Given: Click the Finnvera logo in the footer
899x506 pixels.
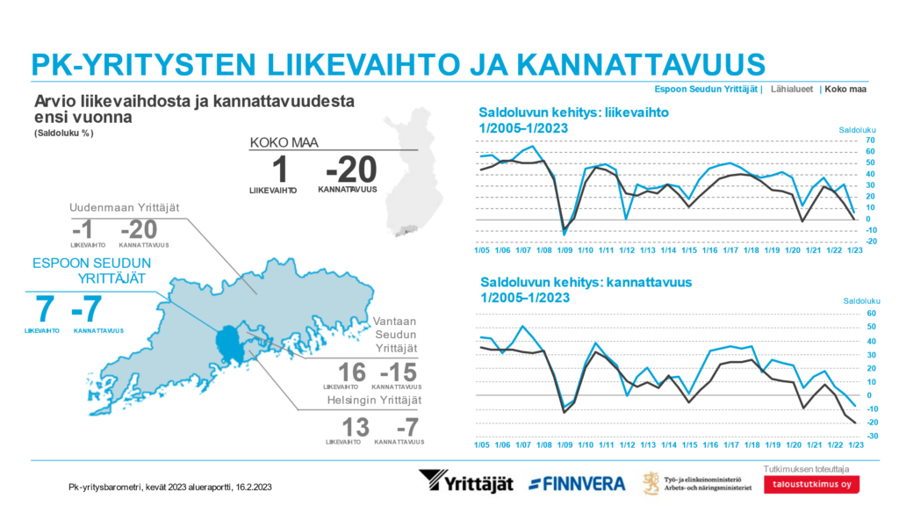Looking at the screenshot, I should [x=577, y=483].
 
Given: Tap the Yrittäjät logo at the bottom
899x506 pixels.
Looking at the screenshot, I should [x=465, y=482].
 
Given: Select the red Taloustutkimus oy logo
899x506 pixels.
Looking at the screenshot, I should [x=811, y=484].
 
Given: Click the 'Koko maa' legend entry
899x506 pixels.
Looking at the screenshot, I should [x=845, y=89].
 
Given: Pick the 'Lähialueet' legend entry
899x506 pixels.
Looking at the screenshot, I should [x=791, y=89].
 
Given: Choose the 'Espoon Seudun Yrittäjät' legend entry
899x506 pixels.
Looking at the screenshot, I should [x=708, y=89].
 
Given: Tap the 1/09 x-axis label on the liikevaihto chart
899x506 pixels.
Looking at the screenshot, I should [x=566, y=250].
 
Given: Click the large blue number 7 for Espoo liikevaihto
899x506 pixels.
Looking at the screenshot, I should [x=45, y=310].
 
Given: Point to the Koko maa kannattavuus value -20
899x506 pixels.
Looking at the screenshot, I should [x=351, y=168].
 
